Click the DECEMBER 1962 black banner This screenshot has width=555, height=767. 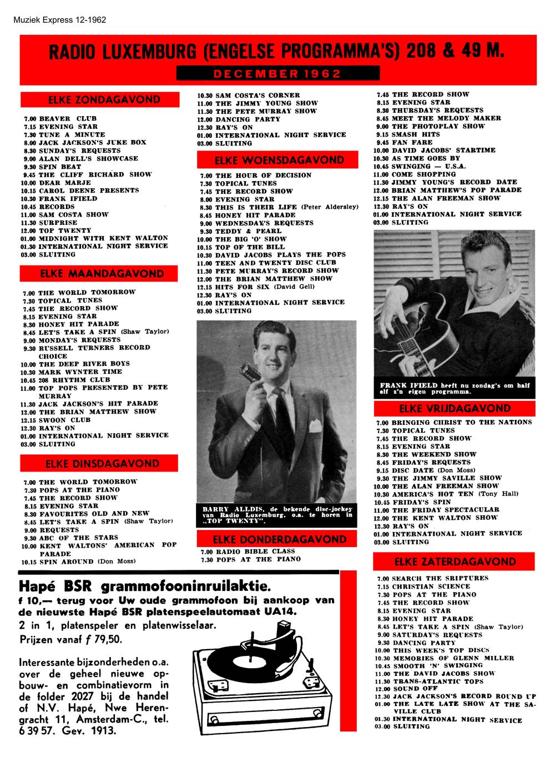point(277,73)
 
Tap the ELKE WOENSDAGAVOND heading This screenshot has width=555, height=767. point(279,161)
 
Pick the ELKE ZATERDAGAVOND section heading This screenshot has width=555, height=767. point(455,562)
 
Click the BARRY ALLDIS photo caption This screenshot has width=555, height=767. point(277,515)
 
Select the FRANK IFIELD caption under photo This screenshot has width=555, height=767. point(455,388)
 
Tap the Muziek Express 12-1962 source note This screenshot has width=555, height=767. point(59,20)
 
